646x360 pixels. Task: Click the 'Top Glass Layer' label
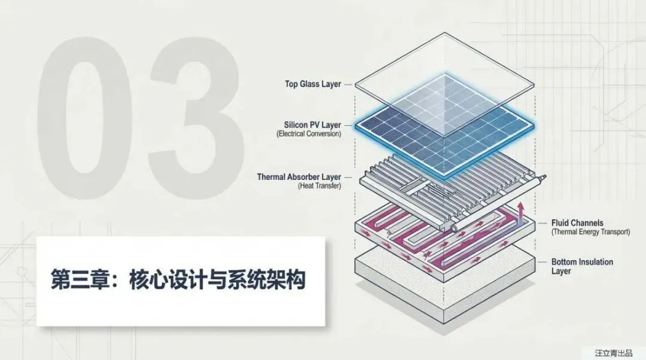(313, 84)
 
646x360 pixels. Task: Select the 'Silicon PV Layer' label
(313, 125)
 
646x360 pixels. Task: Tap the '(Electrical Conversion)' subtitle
(309, 134)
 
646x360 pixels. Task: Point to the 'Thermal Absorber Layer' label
(299, 177)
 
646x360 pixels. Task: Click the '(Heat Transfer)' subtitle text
(319, 186)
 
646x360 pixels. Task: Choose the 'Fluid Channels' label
(577, 222)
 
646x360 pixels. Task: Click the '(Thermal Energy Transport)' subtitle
(590, 231)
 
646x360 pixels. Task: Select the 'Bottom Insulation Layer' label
(581, 266)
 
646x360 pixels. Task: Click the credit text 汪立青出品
(613, 353)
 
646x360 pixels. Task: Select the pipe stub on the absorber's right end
(544, 178)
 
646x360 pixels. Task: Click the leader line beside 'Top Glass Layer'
(349, 84)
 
